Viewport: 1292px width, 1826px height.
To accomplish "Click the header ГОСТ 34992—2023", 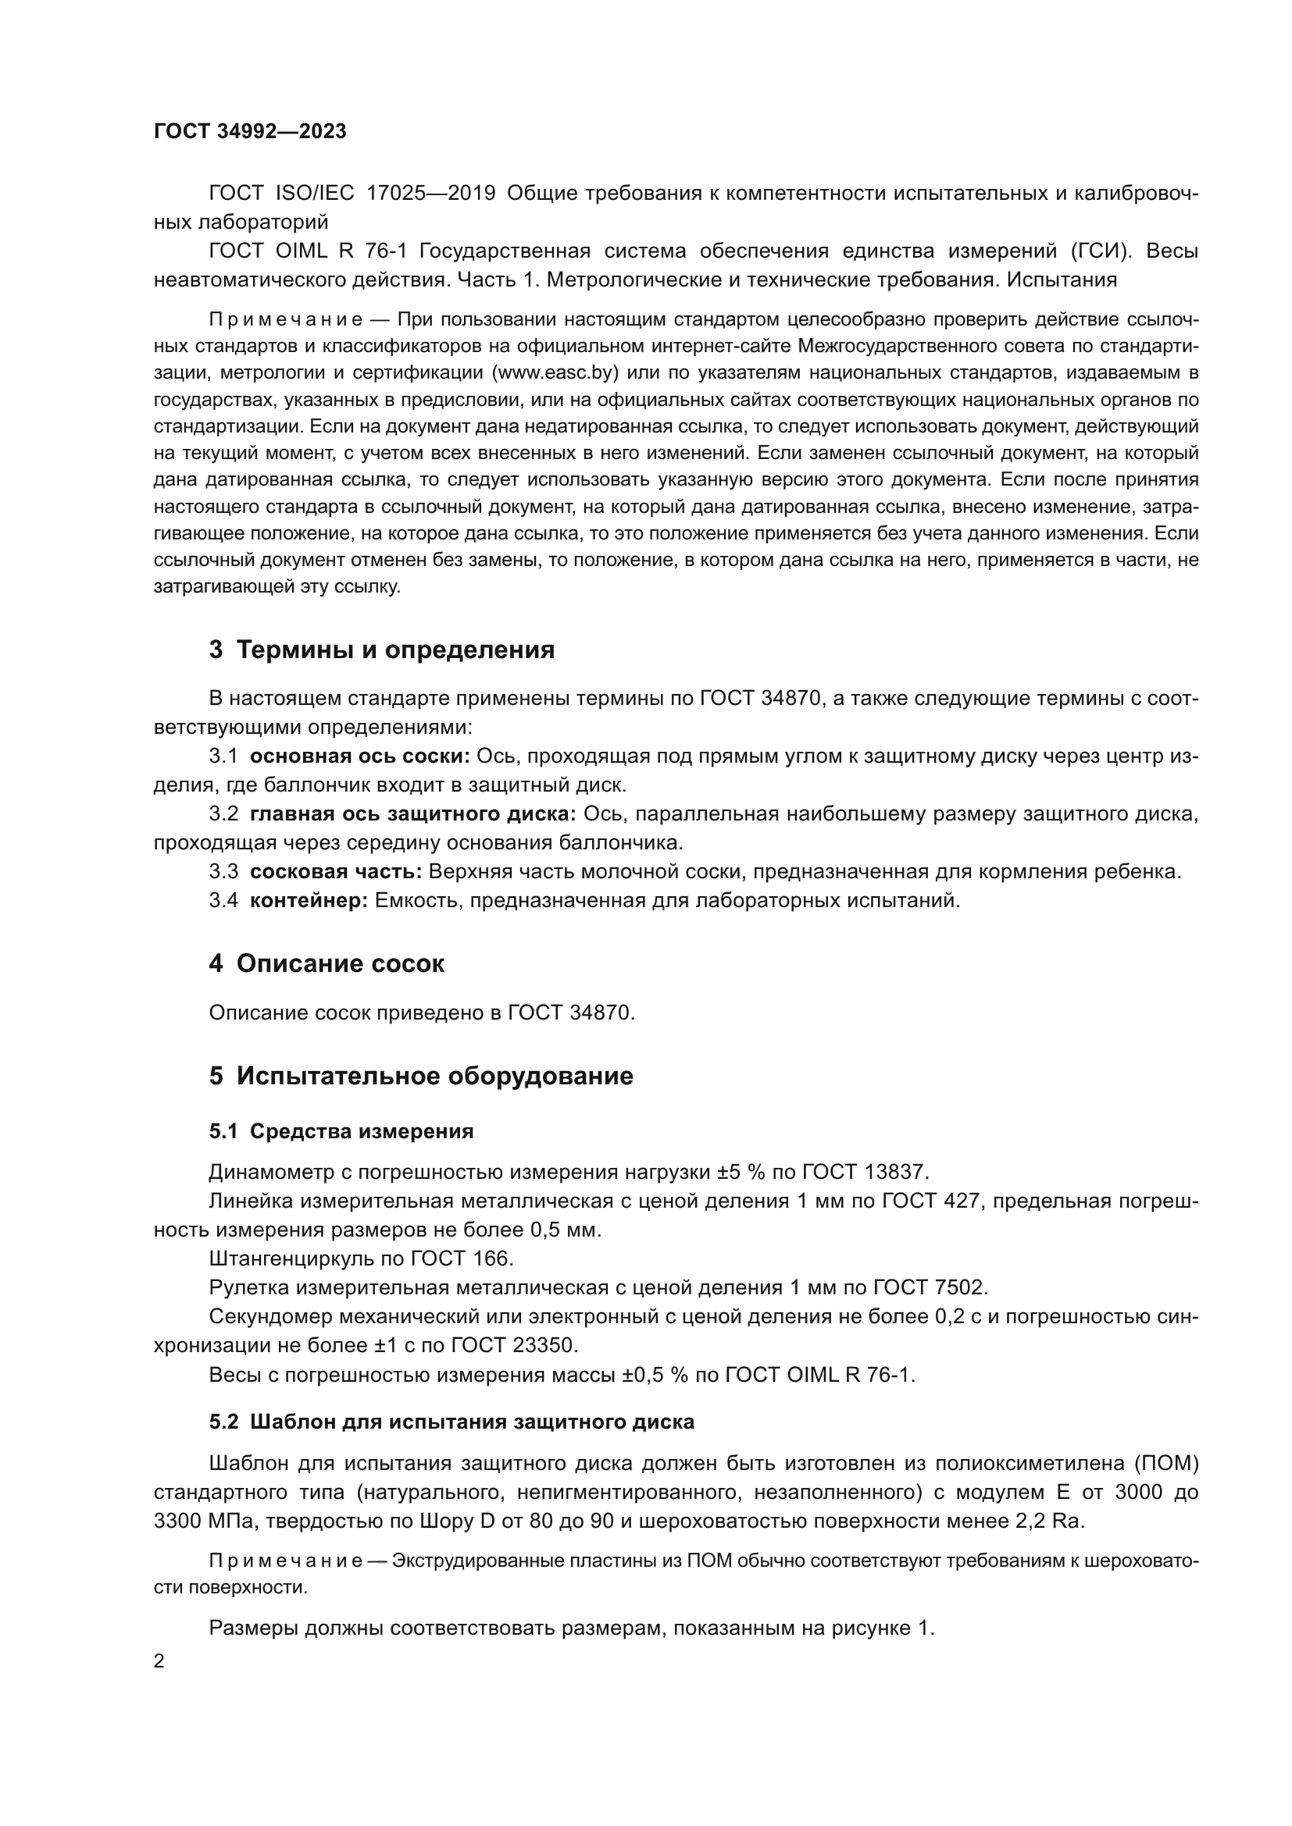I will coord(250,132).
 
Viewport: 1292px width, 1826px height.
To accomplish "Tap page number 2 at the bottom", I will coord(159,1661).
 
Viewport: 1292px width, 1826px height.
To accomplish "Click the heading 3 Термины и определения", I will coord(382,650).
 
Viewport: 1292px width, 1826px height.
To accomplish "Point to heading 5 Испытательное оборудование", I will coord(421,1076).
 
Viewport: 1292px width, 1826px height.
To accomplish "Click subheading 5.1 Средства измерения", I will coord(341,1132).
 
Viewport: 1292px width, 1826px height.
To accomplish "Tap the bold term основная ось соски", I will coord(359,756).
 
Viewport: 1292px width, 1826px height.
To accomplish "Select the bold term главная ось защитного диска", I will coord(413,814).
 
